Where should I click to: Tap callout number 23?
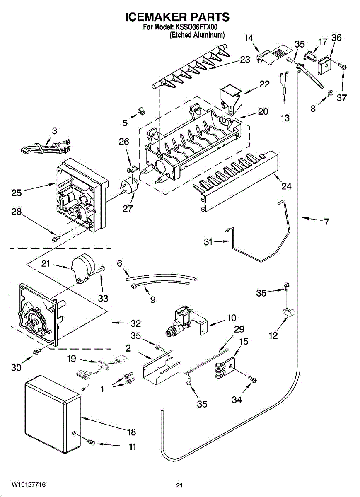coord(245,59)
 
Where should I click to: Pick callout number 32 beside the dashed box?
coord(135,323)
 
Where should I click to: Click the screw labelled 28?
coord(55,239)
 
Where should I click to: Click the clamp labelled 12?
coord(288,313)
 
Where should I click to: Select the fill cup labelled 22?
coord(232,99)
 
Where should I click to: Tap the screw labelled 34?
coord(253,380)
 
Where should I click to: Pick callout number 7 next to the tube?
coord(326,222)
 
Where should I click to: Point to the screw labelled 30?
coord(37,351)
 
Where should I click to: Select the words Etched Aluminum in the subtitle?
coord(197,35)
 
